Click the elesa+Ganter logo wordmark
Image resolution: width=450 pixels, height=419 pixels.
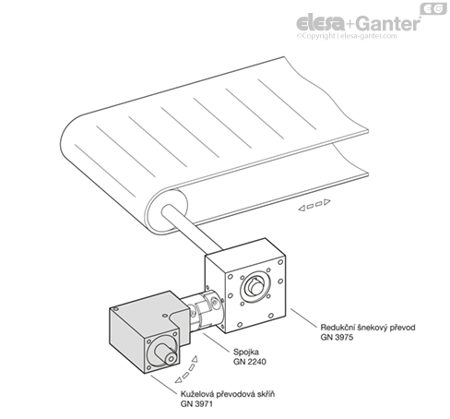(358, 23)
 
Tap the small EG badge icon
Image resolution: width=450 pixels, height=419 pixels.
(433, 9)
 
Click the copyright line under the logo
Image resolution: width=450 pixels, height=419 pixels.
(347, 36)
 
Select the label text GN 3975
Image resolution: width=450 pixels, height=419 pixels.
(337, 337)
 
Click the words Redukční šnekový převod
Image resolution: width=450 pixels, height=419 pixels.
(368, 328)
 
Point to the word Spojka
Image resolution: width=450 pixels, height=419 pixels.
(246, 352)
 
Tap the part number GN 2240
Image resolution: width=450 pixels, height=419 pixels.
(250, 362)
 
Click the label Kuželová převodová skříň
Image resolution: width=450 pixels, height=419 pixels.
(228, 394)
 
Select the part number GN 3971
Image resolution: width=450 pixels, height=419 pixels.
(196, 403)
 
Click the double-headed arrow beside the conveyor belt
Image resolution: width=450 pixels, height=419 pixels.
(314, 205)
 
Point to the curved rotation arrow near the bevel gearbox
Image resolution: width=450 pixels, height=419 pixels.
(186, 370)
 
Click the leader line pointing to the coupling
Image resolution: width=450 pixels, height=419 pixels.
(217, 341)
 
